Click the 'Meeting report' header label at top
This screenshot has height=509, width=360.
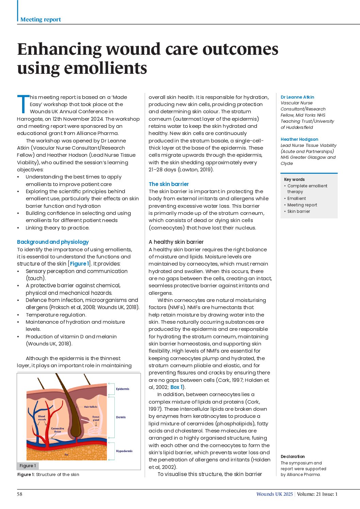pos(40,19)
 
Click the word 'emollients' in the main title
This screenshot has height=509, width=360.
pos(106,68)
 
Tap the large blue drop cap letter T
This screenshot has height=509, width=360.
pos(23,104)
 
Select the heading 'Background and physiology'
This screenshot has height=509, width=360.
pos(53,242)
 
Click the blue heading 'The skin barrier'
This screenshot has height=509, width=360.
pos(168,184)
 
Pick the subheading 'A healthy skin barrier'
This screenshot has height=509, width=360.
pos(176,242)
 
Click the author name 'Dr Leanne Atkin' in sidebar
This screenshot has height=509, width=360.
pos(297,97)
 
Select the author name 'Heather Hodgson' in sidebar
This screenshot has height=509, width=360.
pos(299,139)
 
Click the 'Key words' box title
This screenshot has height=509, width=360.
pos(294,179)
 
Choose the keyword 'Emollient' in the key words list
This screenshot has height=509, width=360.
pos(296,198)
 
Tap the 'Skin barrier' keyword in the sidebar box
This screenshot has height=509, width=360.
pos(298,211)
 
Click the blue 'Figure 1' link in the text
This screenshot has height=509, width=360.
pos(79,264)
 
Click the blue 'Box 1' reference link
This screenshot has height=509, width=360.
pos(177,387)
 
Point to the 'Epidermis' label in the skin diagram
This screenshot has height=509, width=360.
pos(122,389)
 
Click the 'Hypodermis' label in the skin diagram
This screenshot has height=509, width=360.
pos(124,451)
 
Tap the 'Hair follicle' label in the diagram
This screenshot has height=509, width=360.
pos(91,407)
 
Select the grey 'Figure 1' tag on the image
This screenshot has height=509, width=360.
pos(28,465)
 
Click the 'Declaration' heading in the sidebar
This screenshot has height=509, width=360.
pos(292,456)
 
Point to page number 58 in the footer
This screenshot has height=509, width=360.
pos(20,494)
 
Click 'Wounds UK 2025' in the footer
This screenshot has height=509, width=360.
pos(274,494)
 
